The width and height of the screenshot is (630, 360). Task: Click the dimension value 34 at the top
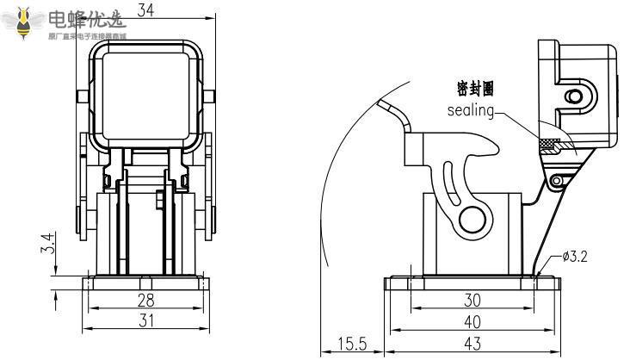145,10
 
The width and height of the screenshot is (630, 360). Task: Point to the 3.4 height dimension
50,244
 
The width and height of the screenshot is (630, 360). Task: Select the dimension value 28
147,300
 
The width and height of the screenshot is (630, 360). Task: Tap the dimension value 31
147,320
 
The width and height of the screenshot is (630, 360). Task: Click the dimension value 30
472,300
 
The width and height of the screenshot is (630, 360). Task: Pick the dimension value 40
472,320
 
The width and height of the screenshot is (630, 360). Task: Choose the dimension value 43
472,342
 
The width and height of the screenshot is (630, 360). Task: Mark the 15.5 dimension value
351,344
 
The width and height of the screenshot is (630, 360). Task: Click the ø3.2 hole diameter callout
575,257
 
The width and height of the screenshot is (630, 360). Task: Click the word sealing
471,110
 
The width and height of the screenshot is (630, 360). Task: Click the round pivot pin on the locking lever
472,218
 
